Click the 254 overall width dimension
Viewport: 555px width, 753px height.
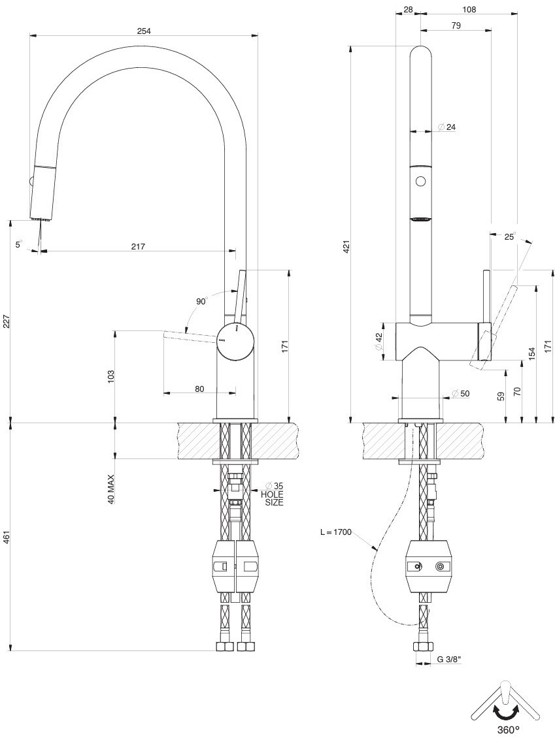(x=144, y=30)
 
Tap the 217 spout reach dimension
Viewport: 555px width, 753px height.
(x=138, y=246)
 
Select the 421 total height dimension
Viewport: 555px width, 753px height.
(x=347, y=246)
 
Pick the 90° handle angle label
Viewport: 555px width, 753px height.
(x=201, y=301)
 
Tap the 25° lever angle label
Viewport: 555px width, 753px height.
(x=510, y=236)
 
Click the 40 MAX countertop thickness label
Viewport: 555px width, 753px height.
(x=111, y=489)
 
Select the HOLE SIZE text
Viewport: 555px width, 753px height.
(x=273, y=498)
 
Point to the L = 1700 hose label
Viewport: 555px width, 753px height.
(x=336, y=532)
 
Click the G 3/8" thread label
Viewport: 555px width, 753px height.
(x=450, y=660)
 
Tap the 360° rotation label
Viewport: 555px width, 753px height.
(x=507, y=729)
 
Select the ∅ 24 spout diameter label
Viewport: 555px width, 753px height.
(x=447, y=127)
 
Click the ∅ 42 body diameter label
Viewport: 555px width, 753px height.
(x=378, y=342)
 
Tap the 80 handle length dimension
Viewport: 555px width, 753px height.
(x=199, y=389)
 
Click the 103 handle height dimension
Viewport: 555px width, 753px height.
(x=111, y=376)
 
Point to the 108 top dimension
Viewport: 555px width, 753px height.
(x=469, y=9)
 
